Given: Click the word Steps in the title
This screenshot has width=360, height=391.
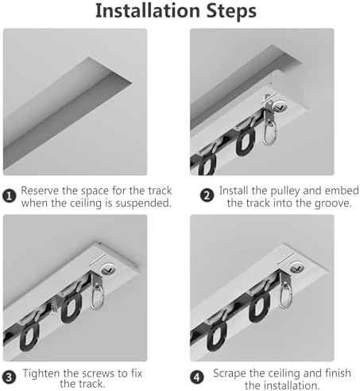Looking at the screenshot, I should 233,12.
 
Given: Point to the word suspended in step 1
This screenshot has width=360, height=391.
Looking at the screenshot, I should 141,204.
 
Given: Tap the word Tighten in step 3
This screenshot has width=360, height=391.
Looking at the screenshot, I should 42,372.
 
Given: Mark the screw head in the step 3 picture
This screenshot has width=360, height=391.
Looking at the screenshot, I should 110,269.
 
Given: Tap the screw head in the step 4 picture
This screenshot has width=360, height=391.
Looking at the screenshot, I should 297,267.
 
